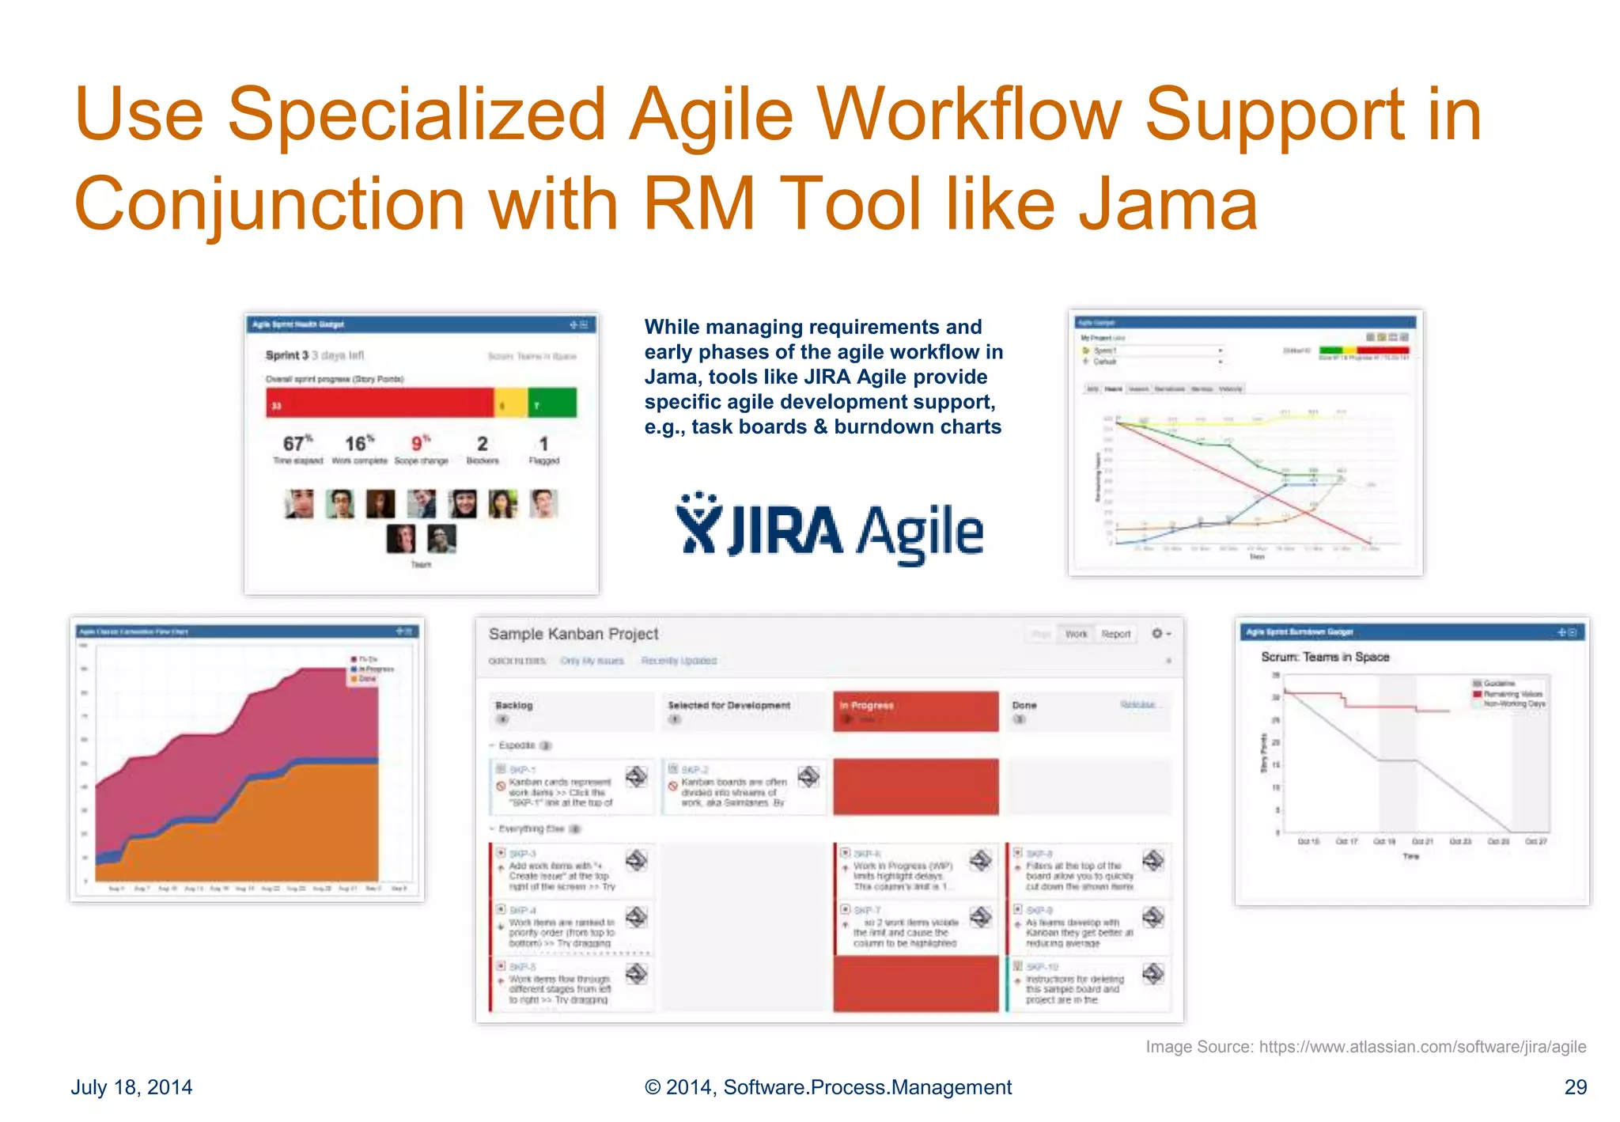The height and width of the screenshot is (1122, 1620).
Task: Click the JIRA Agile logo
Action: (829, 529)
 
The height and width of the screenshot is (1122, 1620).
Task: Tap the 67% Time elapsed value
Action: (297, 444)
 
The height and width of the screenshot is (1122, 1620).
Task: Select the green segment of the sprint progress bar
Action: (552, 404)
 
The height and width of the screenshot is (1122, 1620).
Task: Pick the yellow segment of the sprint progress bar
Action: (510, 404)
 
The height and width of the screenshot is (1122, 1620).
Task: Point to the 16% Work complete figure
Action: (359, 444)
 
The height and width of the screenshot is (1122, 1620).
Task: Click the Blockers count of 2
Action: (482, 444)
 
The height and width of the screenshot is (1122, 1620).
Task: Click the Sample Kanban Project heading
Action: (573, 634)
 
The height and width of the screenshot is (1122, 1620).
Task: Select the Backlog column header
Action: (514, 705)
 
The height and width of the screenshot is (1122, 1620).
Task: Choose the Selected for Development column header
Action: (729, 705)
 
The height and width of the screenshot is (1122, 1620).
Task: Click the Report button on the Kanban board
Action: (1115, 634)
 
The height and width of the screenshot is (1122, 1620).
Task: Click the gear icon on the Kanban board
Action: (1157, 634)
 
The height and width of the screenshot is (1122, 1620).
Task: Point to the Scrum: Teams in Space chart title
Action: (1325, 657)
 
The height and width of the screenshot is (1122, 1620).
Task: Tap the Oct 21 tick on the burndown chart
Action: (1422, 841)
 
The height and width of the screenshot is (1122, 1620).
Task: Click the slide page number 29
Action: (1575, 1087)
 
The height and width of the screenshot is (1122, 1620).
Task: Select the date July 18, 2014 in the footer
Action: (131, 1087)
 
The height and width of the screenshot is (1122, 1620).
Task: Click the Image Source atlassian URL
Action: (1422, 1047)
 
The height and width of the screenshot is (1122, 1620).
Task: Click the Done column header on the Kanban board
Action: (1024, 705)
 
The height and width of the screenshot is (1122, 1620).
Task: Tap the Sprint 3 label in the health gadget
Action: (286, 355)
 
